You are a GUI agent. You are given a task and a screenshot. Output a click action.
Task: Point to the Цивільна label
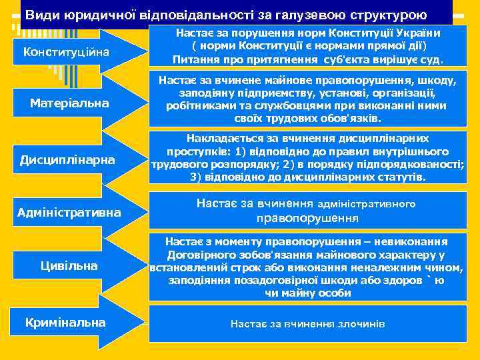click(68, 266)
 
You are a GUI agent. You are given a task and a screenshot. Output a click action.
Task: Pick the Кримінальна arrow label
click(65, 322)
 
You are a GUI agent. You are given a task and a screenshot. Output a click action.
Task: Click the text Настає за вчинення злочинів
click(307, 323)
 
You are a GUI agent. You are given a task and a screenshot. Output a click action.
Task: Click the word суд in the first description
click(434, 59)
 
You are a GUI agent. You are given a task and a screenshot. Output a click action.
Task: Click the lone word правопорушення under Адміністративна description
click(307, 218)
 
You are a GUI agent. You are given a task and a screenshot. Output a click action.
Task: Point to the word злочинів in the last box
click(363, 323)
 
